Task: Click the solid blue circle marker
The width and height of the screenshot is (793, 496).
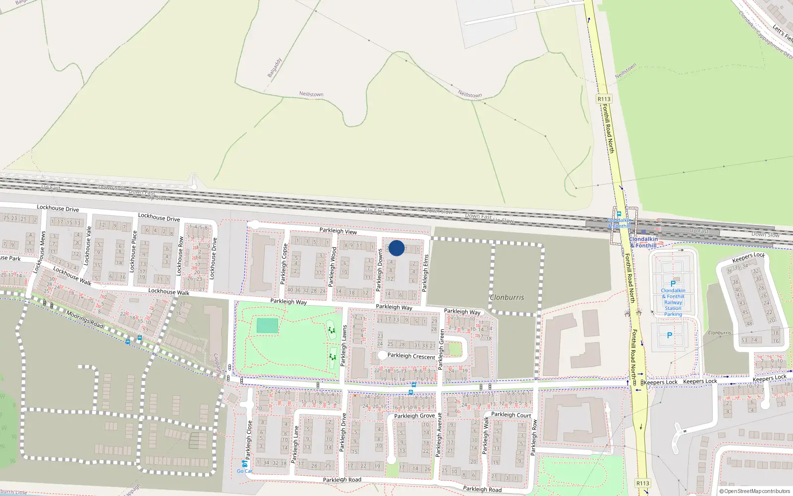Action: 396,248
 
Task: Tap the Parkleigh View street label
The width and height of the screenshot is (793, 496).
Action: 338,231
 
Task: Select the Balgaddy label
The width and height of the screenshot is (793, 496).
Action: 275,67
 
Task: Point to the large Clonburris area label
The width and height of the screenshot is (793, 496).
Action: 507,298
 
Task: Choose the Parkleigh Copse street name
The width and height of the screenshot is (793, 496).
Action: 284,264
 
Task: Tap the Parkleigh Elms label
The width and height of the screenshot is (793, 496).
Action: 425,273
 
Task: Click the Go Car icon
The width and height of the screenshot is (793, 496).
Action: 244,464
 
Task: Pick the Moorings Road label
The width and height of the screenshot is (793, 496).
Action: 85,319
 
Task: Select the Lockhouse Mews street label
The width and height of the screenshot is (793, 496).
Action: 39,252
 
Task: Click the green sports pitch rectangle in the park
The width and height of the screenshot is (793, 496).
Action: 267,326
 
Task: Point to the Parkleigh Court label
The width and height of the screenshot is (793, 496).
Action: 511,415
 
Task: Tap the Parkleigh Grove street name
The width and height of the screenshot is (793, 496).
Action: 414,416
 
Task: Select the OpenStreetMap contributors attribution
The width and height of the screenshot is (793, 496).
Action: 754,491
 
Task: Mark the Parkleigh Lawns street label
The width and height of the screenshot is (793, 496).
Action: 343,345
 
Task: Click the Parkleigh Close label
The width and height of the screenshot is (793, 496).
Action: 249,440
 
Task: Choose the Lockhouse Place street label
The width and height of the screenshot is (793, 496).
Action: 132,251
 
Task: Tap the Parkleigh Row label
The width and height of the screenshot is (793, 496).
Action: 534,437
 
